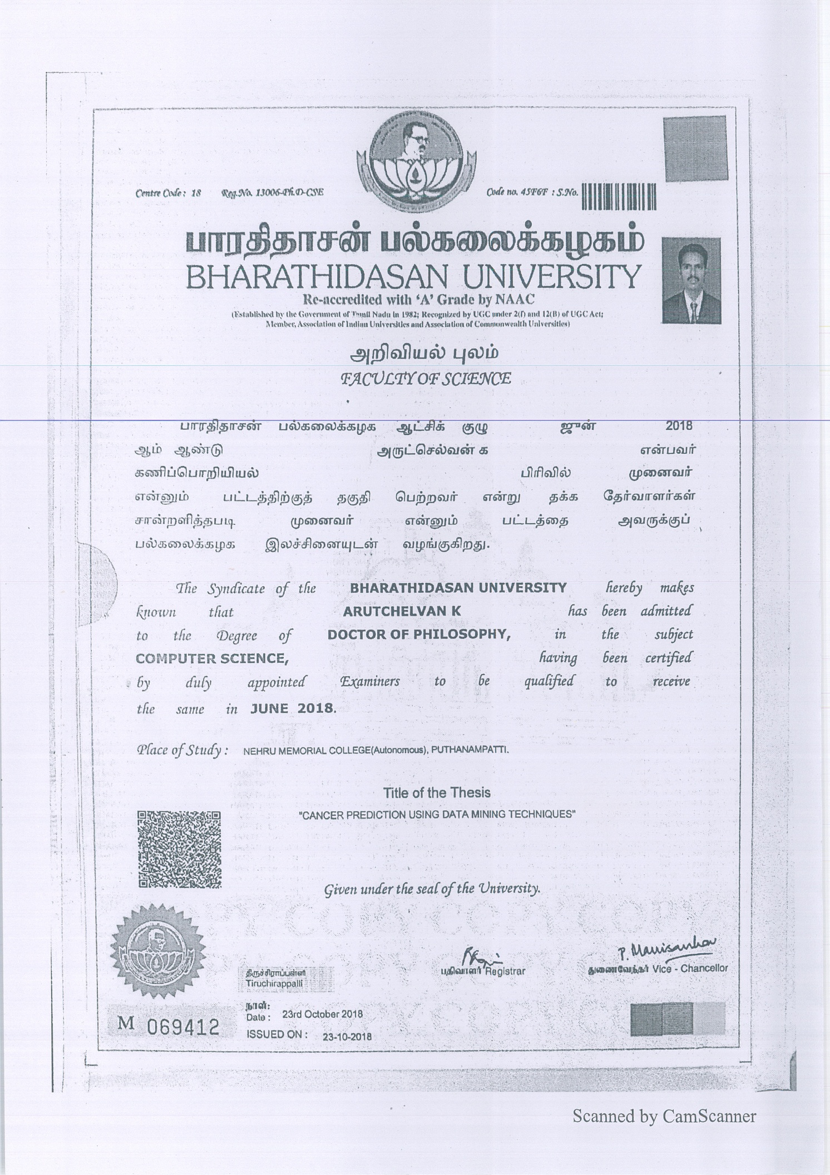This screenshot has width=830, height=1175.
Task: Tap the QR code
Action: pyautogui.click(x=179, y=849)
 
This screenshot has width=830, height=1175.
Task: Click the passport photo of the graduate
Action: pyautogui.click(x=691, y=281)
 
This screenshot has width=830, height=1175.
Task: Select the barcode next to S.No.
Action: pyautogui.click(x=619, y=197)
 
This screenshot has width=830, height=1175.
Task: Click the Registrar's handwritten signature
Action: pyautogui.click(x=478, y=954)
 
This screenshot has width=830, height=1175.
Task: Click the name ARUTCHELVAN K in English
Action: pyautogui.click(x=402, y=612)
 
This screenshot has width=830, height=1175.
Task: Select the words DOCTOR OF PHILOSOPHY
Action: pyautogui.click(x=418, y=635)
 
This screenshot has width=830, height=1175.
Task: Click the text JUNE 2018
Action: pyautogui.click(x=293, y=708)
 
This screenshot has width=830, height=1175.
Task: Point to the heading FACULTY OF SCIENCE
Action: pyautogui.click(x=426, y=379)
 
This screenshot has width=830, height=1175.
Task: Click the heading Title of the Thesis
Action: pyautogui.click(x=437, y=793)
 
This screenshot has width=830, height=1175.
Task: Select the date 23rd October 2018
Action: pyautogui.click(x=322, y=1014)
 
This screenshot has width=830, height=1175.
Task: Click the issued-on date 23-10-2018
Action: pyautogui.click(x=347, y=1037)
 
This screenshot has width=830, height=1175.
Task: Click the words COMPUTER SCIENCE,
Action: pyautogui.click(x=212, y=658)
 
